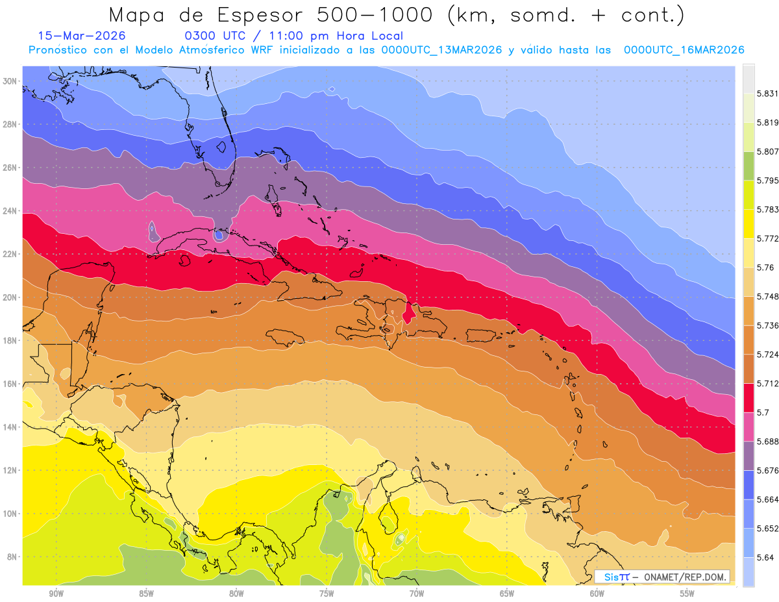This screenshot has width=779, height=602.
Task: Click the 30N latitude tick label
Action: pos(10,81)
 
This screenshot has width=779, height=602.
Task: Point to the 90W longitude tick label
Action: pos(56,594)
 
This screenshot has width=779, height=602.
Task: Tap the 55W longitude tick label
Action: pos(687,594)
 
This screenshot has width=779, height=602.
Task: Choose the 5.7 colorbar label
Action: pos(762,412)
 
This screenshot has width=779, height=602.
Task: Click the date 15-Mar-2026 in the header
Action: pos(82,36)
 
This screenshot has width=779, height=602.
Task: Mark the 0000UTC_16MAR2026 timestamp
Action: pos(684,50)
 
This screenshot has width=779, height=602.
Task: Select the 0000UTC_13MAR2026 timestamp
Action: pos(442,50)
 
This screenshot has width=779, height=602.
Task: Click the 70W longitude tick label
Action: pos(417,594)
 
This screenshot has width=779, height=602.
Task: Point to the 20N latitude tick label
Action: pos(10,297)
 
